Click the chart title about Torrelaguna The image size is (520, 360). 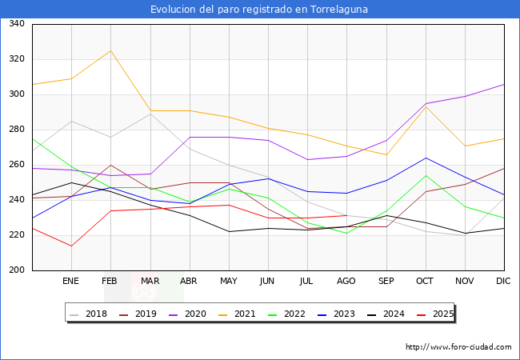[260, 10]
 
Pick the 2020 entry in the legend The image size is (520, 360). [191, 314]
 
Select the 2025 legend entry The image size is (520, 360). [441, 314]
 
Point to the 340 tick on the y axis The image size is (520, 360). [16, 24]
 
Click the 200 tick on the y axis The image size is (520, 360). [16, 270]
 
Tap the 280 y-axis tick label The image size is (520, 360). [16, 130]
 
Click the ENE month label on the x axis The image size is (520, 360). [71, 282]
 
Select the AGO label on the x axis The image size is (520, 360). [346, 282]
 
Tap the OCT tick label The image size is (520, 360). [425, 282]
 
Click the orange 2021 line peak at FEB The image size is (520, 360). [110, 50]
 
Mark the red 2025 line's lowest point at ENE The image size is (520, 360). [71, 246]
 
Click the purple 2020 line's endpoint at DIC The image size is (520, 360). [504, 84]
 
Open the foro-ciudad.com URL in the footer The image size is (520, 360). [458, 347]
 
